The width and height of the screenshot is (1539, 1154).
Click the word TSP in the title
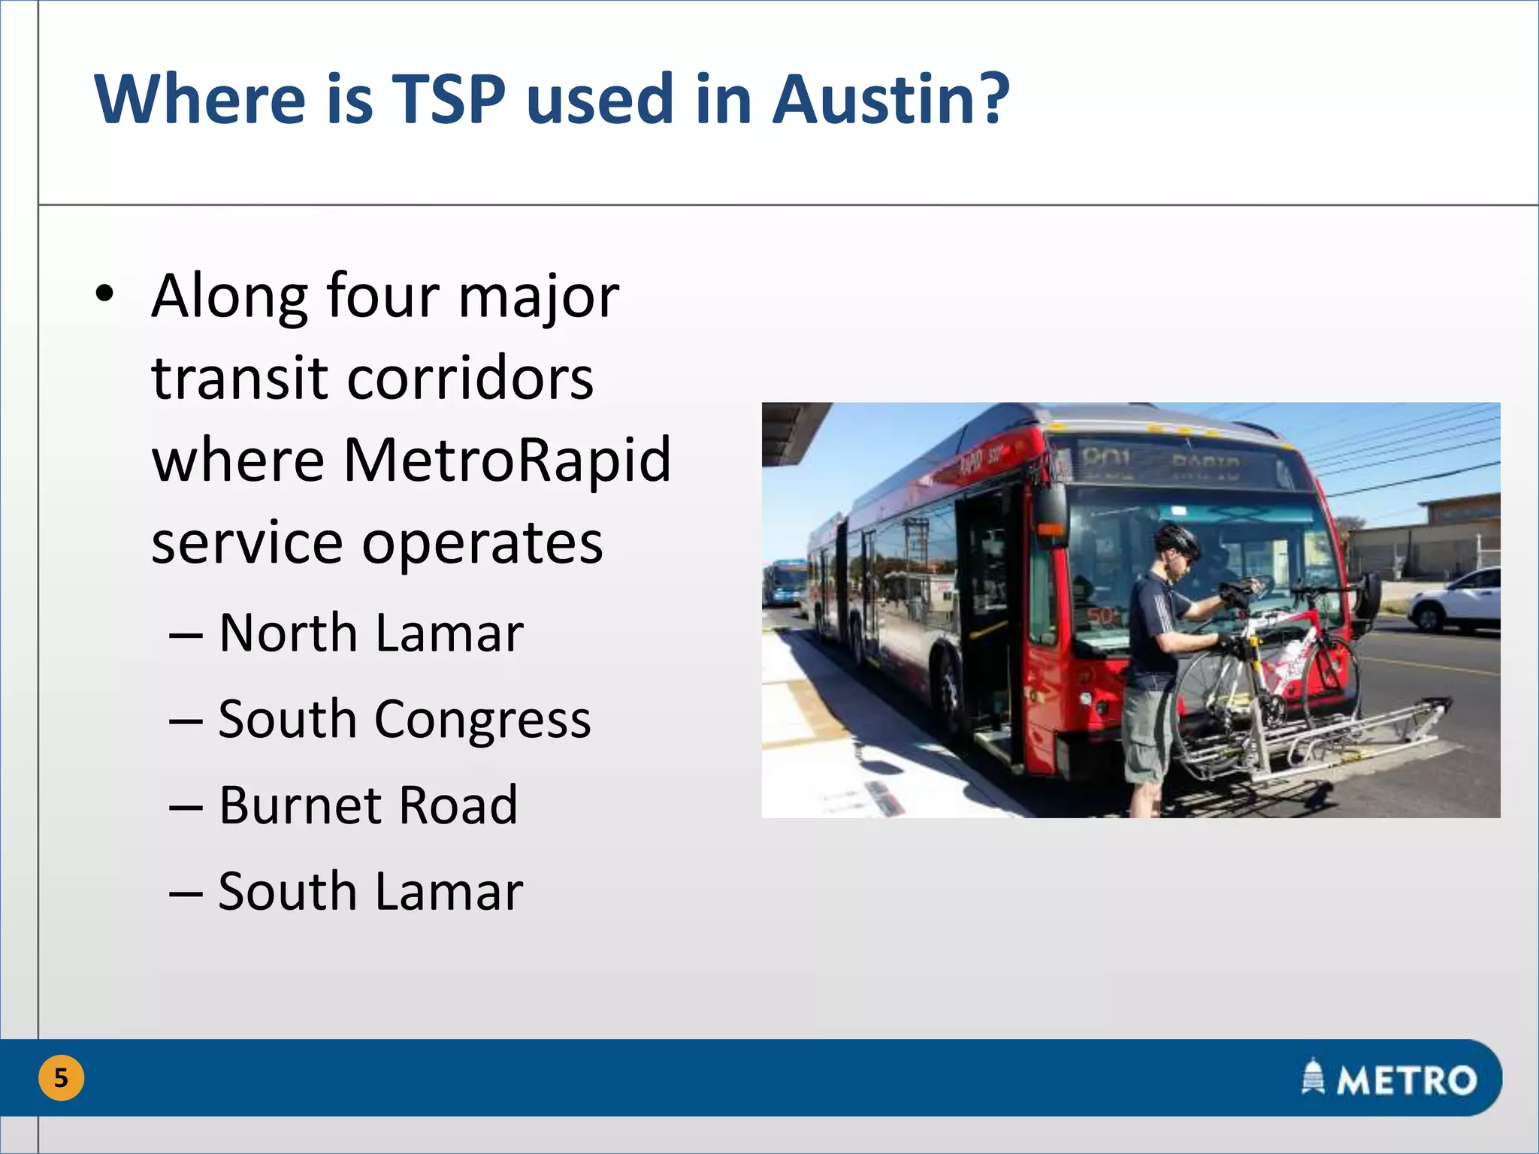[449, 99]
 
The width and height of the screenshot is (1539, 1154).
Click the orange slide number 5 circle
[61, 1078]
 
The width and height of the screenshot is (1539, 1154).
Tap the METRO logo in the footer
[1390, 1079]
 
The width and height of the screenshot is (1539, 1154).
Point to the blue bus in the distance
[785, 582]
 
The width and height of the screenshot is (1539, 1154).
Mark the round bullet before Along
[105, 295]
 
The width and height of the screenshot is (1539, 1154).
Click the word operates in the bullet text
[482, 542]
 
